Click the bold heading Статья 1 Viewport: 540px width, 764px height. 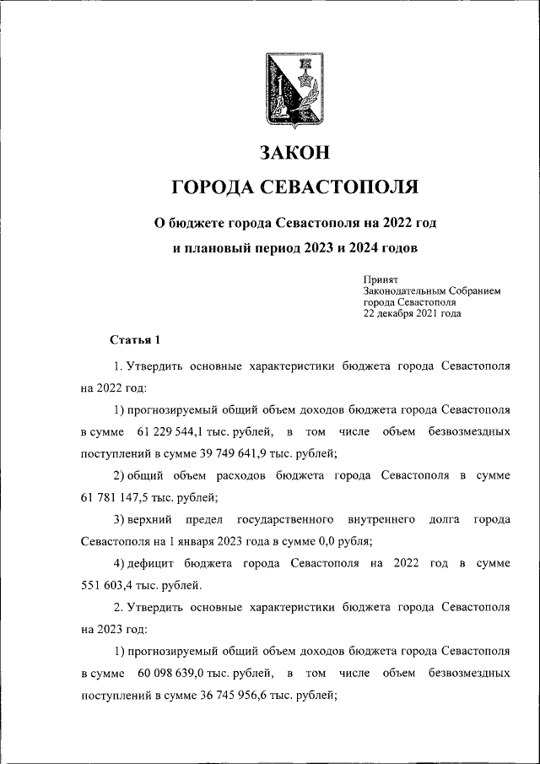pos(135,340)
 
